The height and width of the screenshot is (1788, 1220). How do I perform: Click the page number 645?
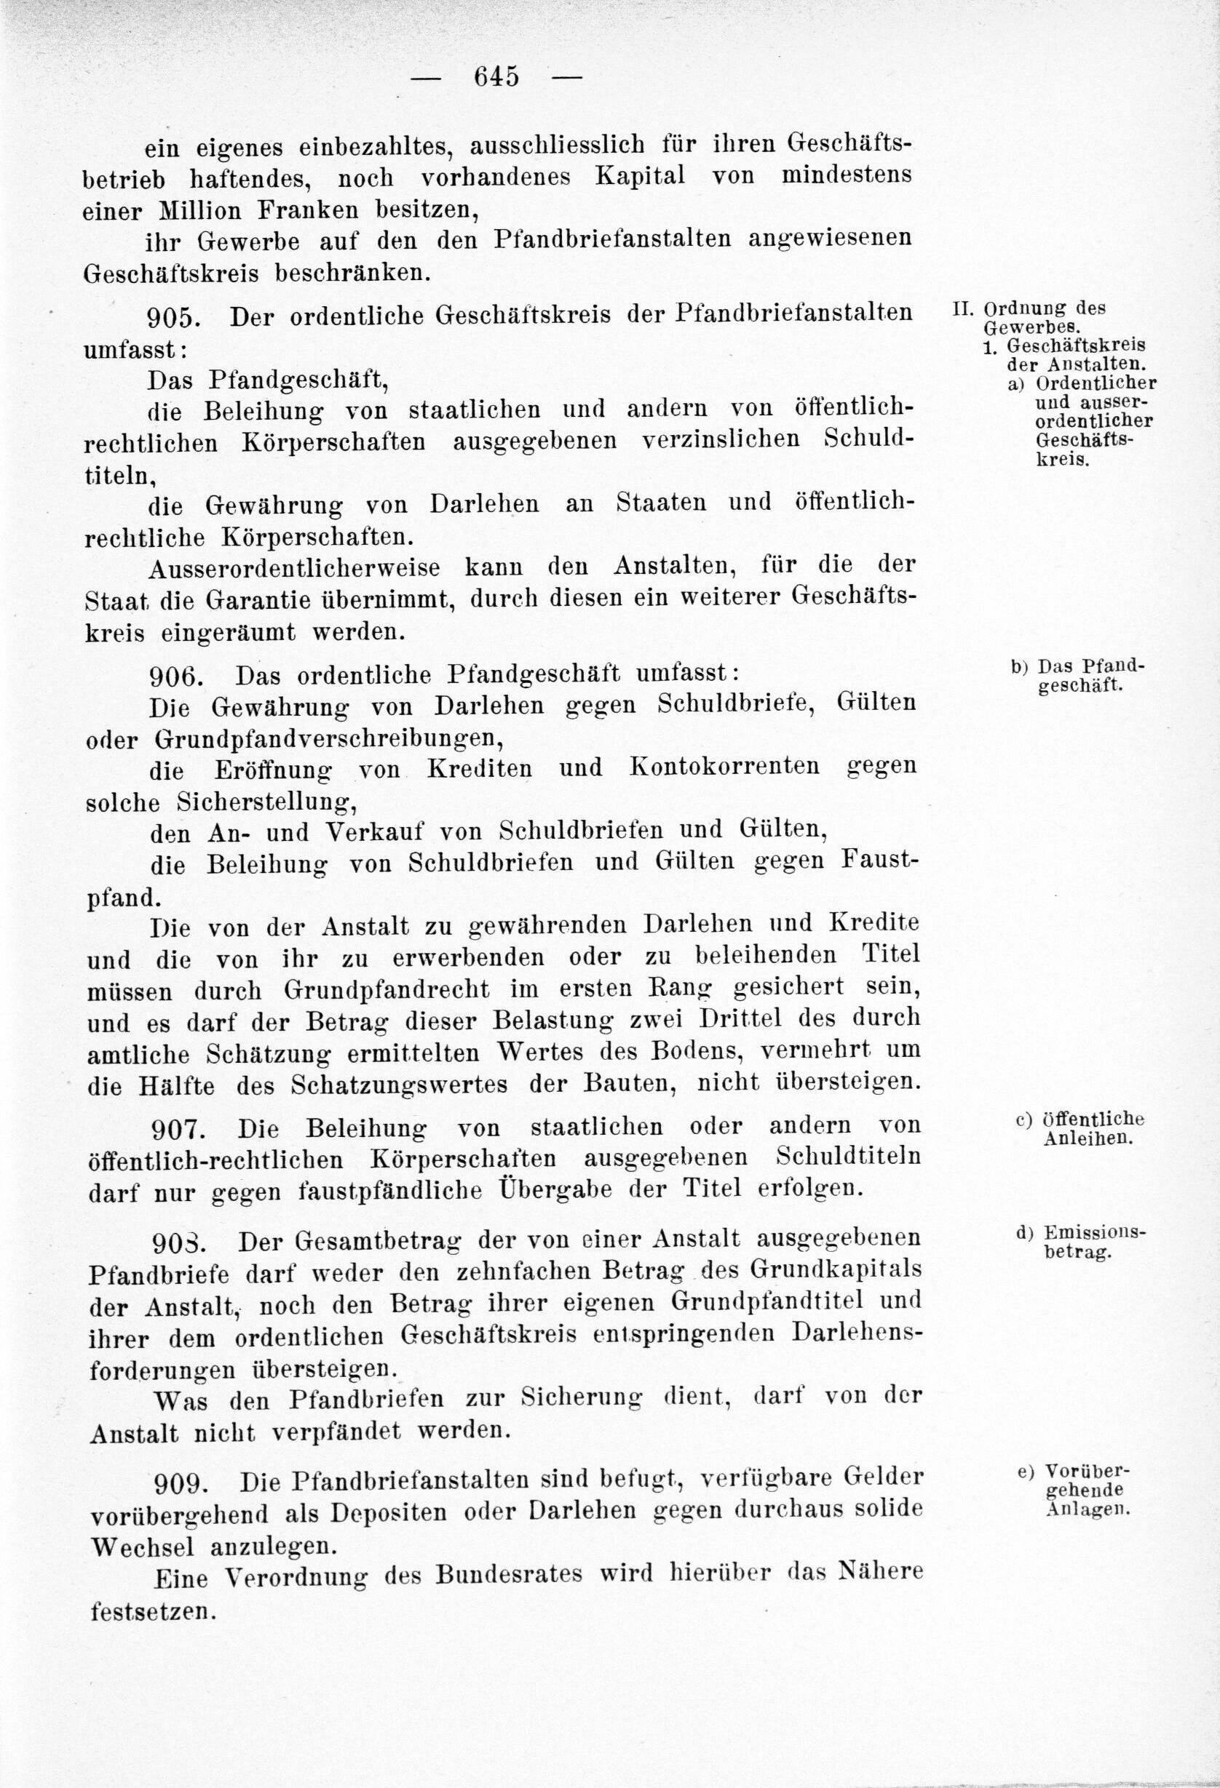pyautogui.click(x=496, y=77)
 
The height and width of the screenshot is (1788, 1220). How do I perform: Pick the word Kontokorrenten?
pyautogui.click(x=725, y=768)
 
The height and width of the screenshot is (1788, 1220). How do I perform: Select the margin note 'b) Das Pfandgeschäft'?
pyautogui.click(x=1077, y=677)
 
